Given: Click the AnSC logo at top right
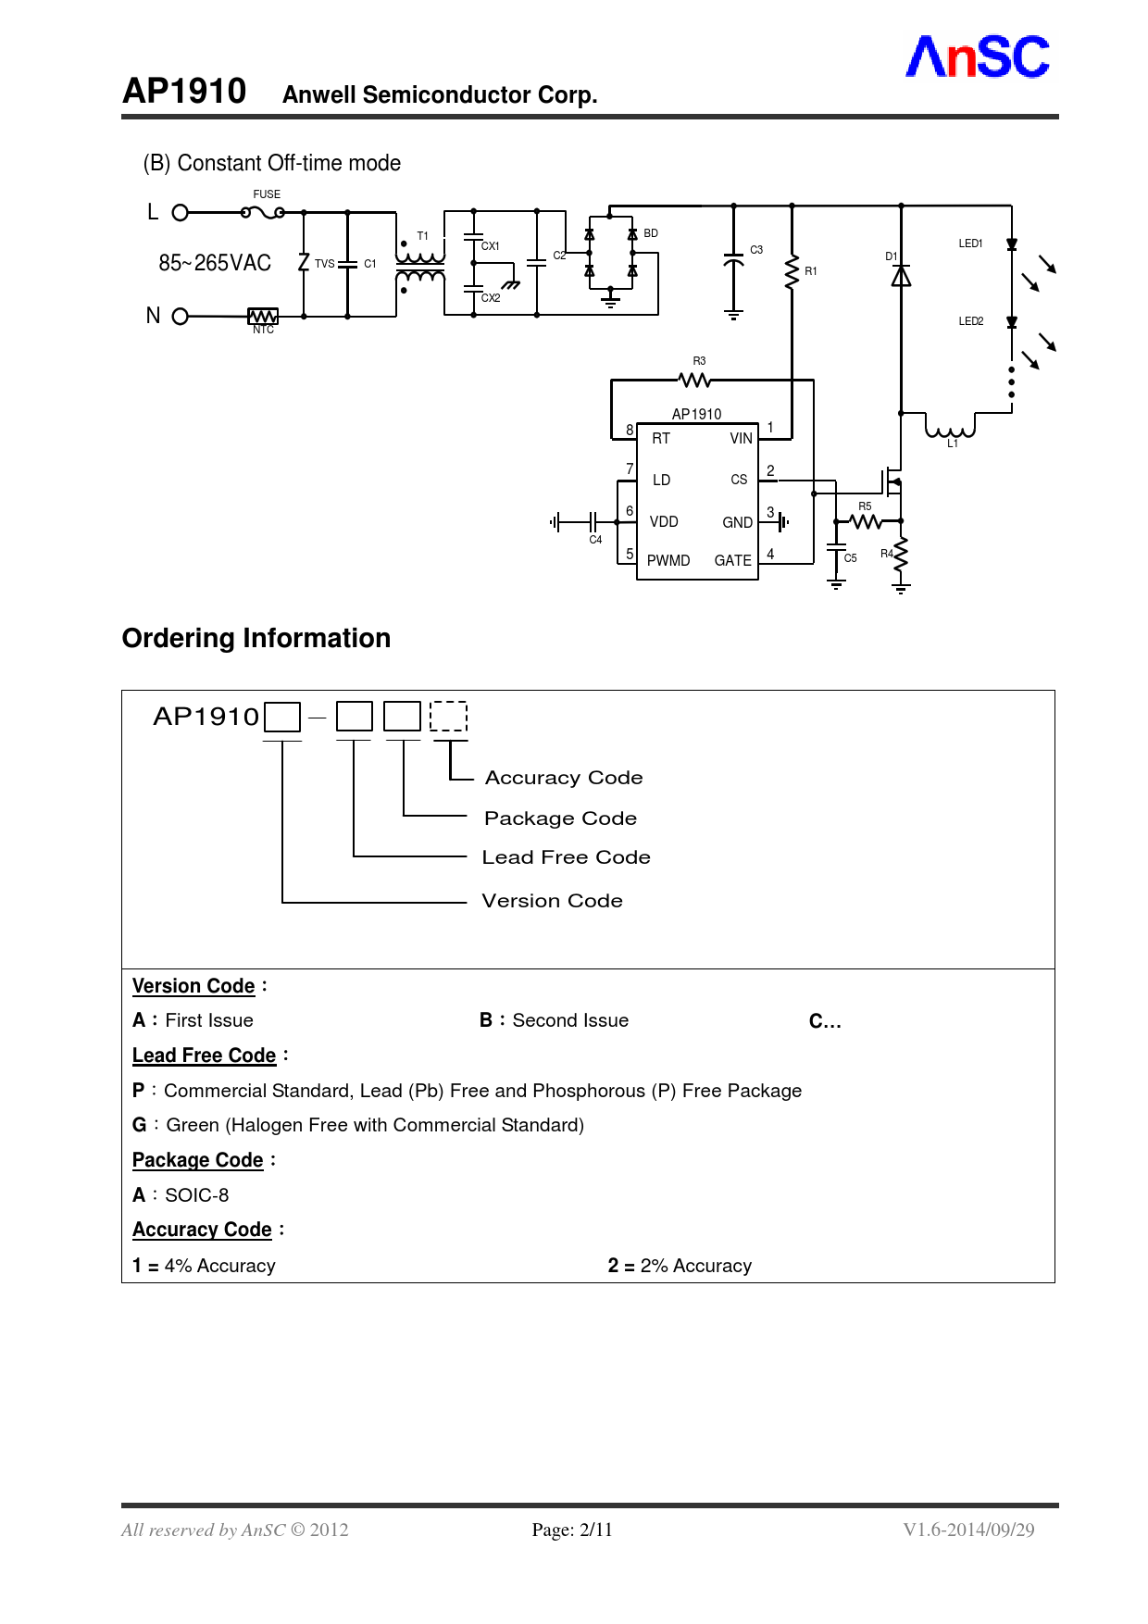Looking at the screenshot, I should pos(977,57).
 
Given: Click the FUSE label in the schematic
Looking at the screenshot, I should pos(267,194).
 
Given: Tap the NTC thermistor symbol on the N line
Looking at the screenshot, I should pos(263,317).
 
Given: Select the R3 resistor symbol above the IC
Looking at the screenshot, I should pos(694,380).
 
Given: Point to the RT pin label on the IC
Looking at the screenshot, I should pos(661,439).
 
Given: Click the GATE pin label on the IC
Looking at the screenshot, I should pos(732,561).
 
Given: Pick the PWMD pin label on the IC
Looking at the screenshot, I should pos(668,561).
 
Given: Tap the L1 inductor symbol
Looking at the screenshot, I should pos(950,430).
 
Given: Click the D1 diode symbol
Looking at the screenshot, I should pos(901,276).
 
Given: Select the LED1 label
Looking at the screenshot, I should pos(970,244).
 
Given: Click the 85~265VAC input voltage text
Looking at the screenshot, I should pos(215,263).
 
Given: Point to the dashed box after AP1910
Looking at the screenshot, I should pos(449,717).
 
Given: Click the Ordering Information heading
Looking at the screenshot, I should pos(256,639).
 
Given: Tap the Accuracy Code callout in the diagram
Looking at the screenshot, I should pos(564,778).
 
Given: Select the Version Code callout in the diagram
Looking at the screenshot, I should pos(552,901).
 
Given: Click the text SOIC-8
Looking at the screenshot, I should pos(196,1195).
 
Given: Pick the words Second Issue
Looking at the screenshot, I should pos(570,1020).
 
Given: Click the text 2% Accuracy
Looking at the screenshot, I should pos(695,1266).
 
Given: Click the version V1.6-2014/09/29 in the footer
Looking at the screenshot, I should pos(968,1530).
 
